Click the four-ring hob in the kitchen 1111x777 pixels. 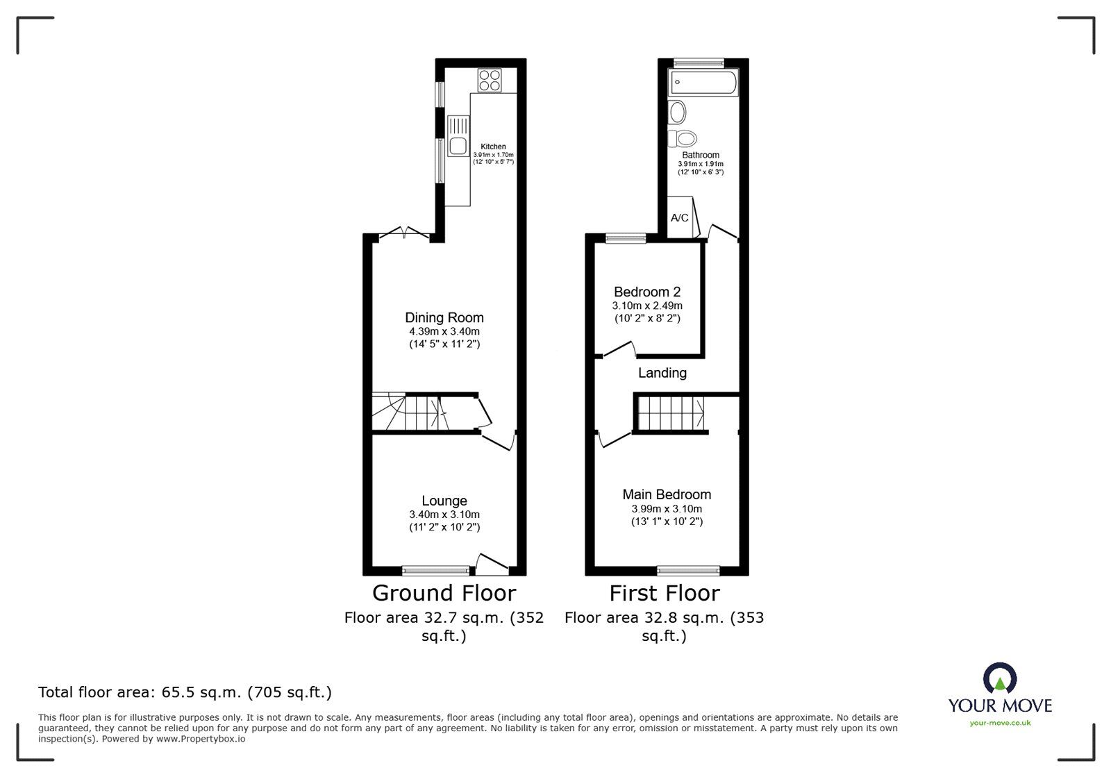pos(489,80)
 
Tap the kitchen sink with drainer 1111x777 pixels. pos(458,136)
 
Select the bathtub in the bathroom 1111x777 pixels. pos(702,83)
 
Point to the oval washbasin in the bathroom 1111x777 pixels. pos(677,111)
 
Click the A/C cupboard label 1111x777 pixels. pos(680,218)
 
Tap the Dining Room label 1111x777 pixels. pos(444,318)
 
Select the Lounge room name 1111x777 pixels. pos(444,501)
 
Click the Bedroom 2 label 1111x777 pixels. pos(646,292)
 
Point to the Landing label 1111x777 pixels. pos(662,373)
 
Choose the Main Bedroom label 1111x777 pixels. pos(667,494)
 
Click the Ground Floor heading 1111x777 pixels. pos(444,593)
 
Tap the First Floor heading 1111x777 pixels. pos(665,593)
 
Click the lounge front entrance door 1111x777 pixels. pos(492,564)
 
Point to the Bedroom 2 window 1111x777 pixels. pos(626,238)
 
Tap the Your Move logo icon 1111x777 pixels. pos(1000,679)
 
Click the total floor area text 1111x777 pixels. pos(185,692)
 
